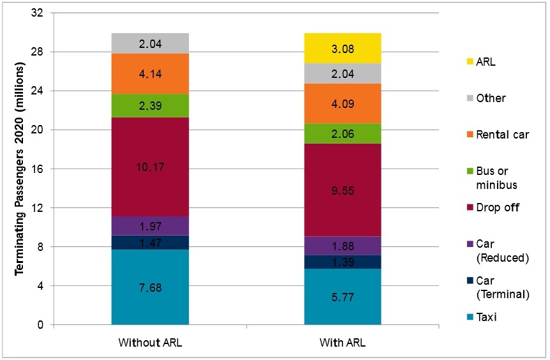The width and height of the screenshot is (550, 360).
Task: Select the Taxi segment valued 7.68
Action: [149, 287]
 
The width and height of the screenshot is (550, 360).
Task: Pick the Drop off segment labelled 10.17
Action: [149, 167]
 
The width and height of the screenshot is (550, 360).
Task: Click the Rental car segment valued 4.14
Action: [149, 73]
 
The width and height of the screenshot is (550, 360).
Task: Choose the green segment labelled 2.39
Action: [149, 106]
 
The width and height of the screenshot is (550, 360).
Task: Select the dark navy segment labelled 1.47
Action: [149, 243]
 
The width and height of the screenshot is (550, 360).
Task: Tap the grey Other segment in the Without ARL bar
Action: [149, 43]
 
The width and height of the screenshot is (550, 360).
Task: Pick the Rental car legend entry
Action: [498, 135]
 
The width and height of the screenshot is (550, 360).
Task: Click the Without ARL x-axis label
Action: [149, 343]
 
